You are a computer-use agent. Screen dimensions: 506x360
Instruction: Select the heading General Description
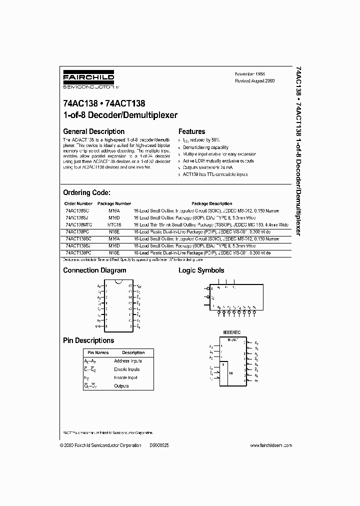(x=93, y=131)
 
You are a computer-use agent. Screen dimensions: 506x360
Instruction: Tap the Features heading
(x=192, y=131)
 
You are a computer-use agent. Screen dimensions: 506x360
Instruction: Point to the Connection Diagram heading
(x=94, y=270)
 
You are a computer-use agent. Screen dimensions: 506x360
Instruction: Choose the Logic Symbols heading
(x=201, y=270)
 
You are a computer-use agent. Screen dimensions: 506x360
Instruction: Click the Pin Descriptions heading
(x=88, y=340)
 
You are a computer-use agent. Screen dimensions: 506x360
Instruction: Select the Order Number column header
(x=78, y=203)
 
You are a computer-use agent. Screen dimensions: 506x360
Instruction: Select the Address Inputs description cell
(x=128, y=361)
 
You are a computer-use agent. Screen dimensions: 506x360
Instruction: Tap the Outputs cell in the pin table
(x=121, y=386)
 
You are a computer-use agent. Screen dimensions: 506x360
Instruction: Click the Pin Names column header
(x=91, y=353)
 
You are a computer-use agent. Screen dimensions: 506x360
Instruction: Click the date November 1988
(x=251, y=73)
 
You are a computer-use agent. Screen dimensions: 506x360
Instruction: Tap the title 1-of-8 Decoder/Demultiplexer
(x=120, y=115)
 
